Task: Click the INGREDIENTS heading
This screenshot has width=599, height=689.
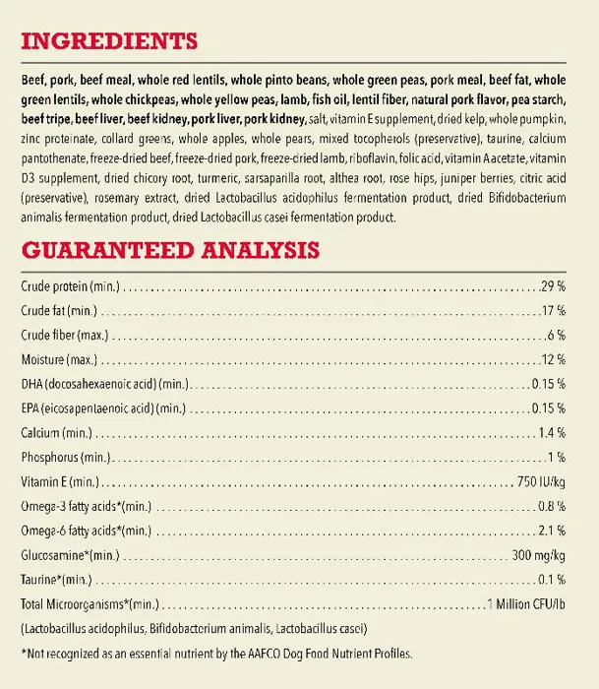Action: [x=108, y=42]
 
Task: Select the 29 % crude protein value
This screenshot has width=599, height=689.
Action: [x=554, y=286]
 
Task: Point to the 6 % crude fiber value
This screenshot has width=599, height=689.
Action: [x=557, y=335]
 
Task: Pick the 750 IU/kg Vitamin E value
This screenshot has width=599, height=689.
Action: [x=541, y=481]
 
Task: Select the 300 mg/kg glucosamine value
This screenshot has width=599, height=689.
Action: [x=539, y=554]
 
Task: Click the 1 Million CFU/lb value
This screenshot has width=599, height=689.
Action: [x=527, y=603]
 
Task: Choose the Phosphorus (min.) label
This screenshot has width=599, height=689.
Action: [x=64, y=457]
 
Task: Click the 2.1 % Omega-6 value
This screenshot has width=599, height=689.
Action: [x=552, y=530]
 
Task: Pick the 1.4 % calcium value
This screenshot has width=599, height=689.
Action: [x=552, y=432]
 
